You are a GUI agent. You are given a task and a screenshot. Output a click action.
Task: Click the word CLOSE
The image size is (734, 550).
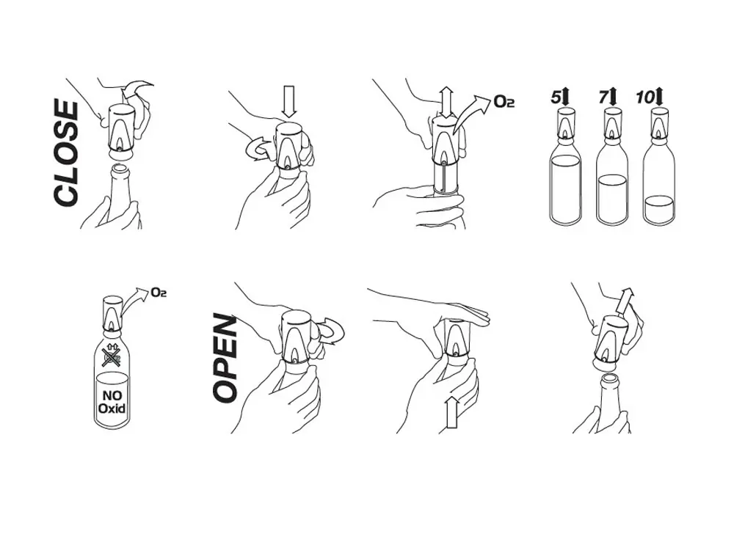(x=65, y=153)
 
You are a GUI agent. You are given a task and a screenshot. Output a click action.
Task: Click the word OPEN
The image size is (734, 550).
(x=225, y=359)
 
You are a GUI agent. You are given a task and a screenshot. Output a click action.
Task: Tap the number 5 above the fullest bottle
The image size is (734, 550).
(x=555, y=98)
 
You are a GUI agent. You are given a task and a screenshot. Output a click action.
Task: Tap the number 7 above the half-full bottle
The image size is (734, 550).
(x=603, y=98)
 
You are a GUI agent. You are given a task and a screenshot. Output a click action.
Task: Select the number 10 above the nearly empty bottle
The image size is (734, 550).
(x=645, y=98)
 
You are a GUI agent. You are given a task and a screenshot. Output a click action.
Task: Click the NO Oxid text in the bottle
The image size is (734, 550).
(x=112, y=402)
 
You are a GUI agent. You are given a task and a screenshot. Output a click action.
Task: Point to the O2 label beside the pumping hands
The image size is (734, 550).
(x=504, y=101)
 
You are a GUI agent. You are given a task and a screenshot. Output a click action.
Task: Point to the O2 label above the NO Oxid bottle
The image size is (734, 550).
(x=159, y=293)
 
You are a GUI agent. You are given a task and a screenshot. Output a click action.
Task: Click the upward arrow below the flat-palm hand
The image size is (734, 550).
(x=451, y=411)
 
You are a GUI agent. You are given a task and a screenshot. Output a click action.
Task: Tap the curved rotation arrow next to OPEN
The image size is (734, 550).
(x=330, y=331)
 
